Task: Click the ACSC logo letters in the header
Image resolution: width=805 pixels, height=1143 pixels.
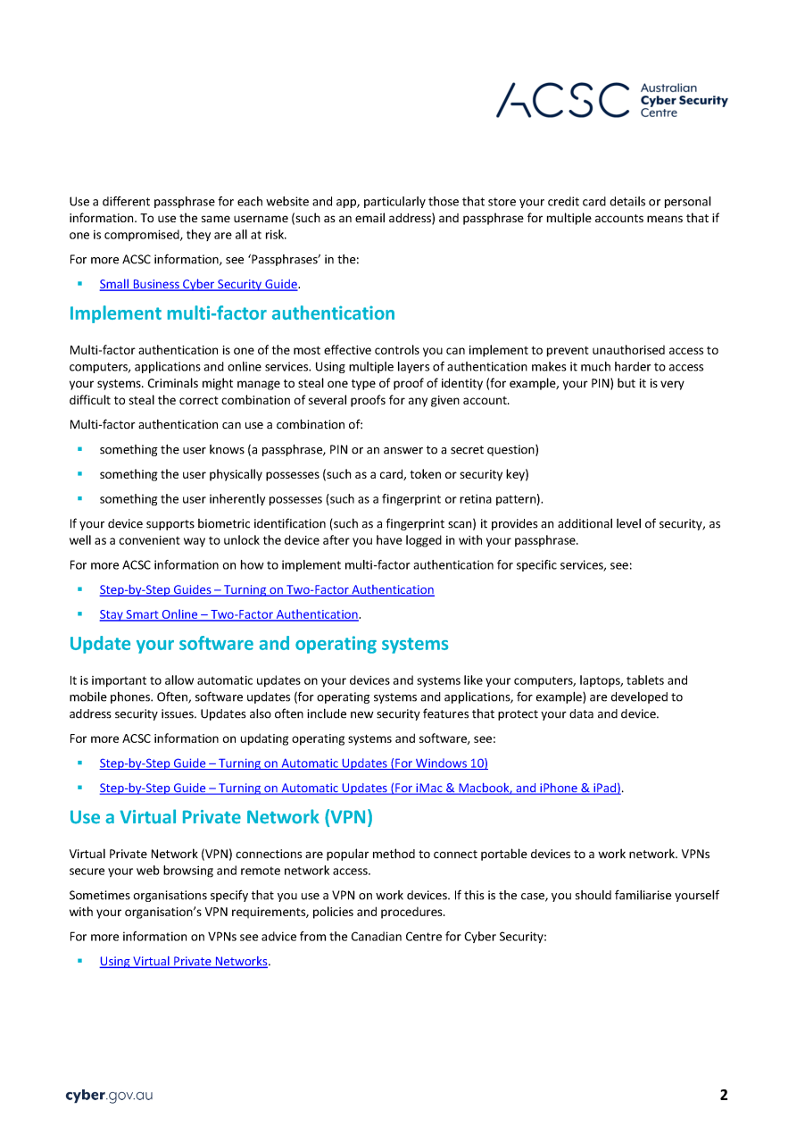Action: [562, 100]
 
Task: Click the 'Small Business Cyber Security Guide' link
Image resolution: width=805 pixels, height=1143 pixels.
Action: [198, 285]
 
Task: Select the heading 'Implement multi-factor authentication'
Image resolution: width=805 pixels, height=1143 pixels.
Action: [232, 313]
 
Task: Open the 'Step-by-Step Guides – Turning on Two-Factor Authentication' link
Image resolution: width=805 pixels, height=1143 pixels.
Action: [267, 590]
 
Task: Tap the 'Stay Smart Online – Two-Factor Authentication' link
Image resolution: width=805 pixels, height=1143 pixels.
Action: [228, 615]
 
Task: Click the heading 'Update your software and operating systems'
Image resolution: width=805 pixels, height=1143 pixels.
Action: [259, 644]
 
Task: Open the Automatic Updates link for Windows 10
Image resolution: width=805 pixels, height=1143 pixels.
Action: [294, 763]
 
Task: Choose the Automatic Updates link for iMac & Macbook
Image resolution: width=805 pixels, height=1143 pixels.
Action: [360, 788]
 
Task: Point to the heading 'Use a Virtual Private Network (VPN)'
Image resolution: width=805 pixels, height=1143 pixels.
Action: [220, 817]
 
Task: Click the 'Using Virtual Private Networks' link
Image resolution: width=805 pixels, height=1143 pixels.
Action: [183, 962]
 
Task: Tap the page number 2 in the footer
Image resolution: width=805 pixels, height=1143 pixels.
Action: [724, 1096]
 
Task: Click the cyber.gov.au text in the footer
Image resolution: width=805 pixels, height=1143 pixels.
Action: [109, 1096]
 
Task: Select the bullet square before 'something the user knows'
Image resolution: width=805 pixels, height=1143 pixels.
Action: [79, 449]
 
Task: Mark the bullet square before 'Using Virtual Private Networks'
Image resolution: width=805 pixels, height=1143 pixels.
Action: [79, 961]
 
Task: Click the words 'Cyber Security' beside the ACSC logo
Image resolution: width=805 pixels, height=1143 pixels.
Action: [685, 101]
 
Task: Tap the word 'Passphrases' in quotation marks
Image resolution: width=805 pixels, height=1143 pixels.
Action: [253, 260]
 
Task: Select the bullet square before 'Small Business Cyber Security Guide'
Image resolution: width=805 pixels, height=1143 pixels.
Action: [79, 284]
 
